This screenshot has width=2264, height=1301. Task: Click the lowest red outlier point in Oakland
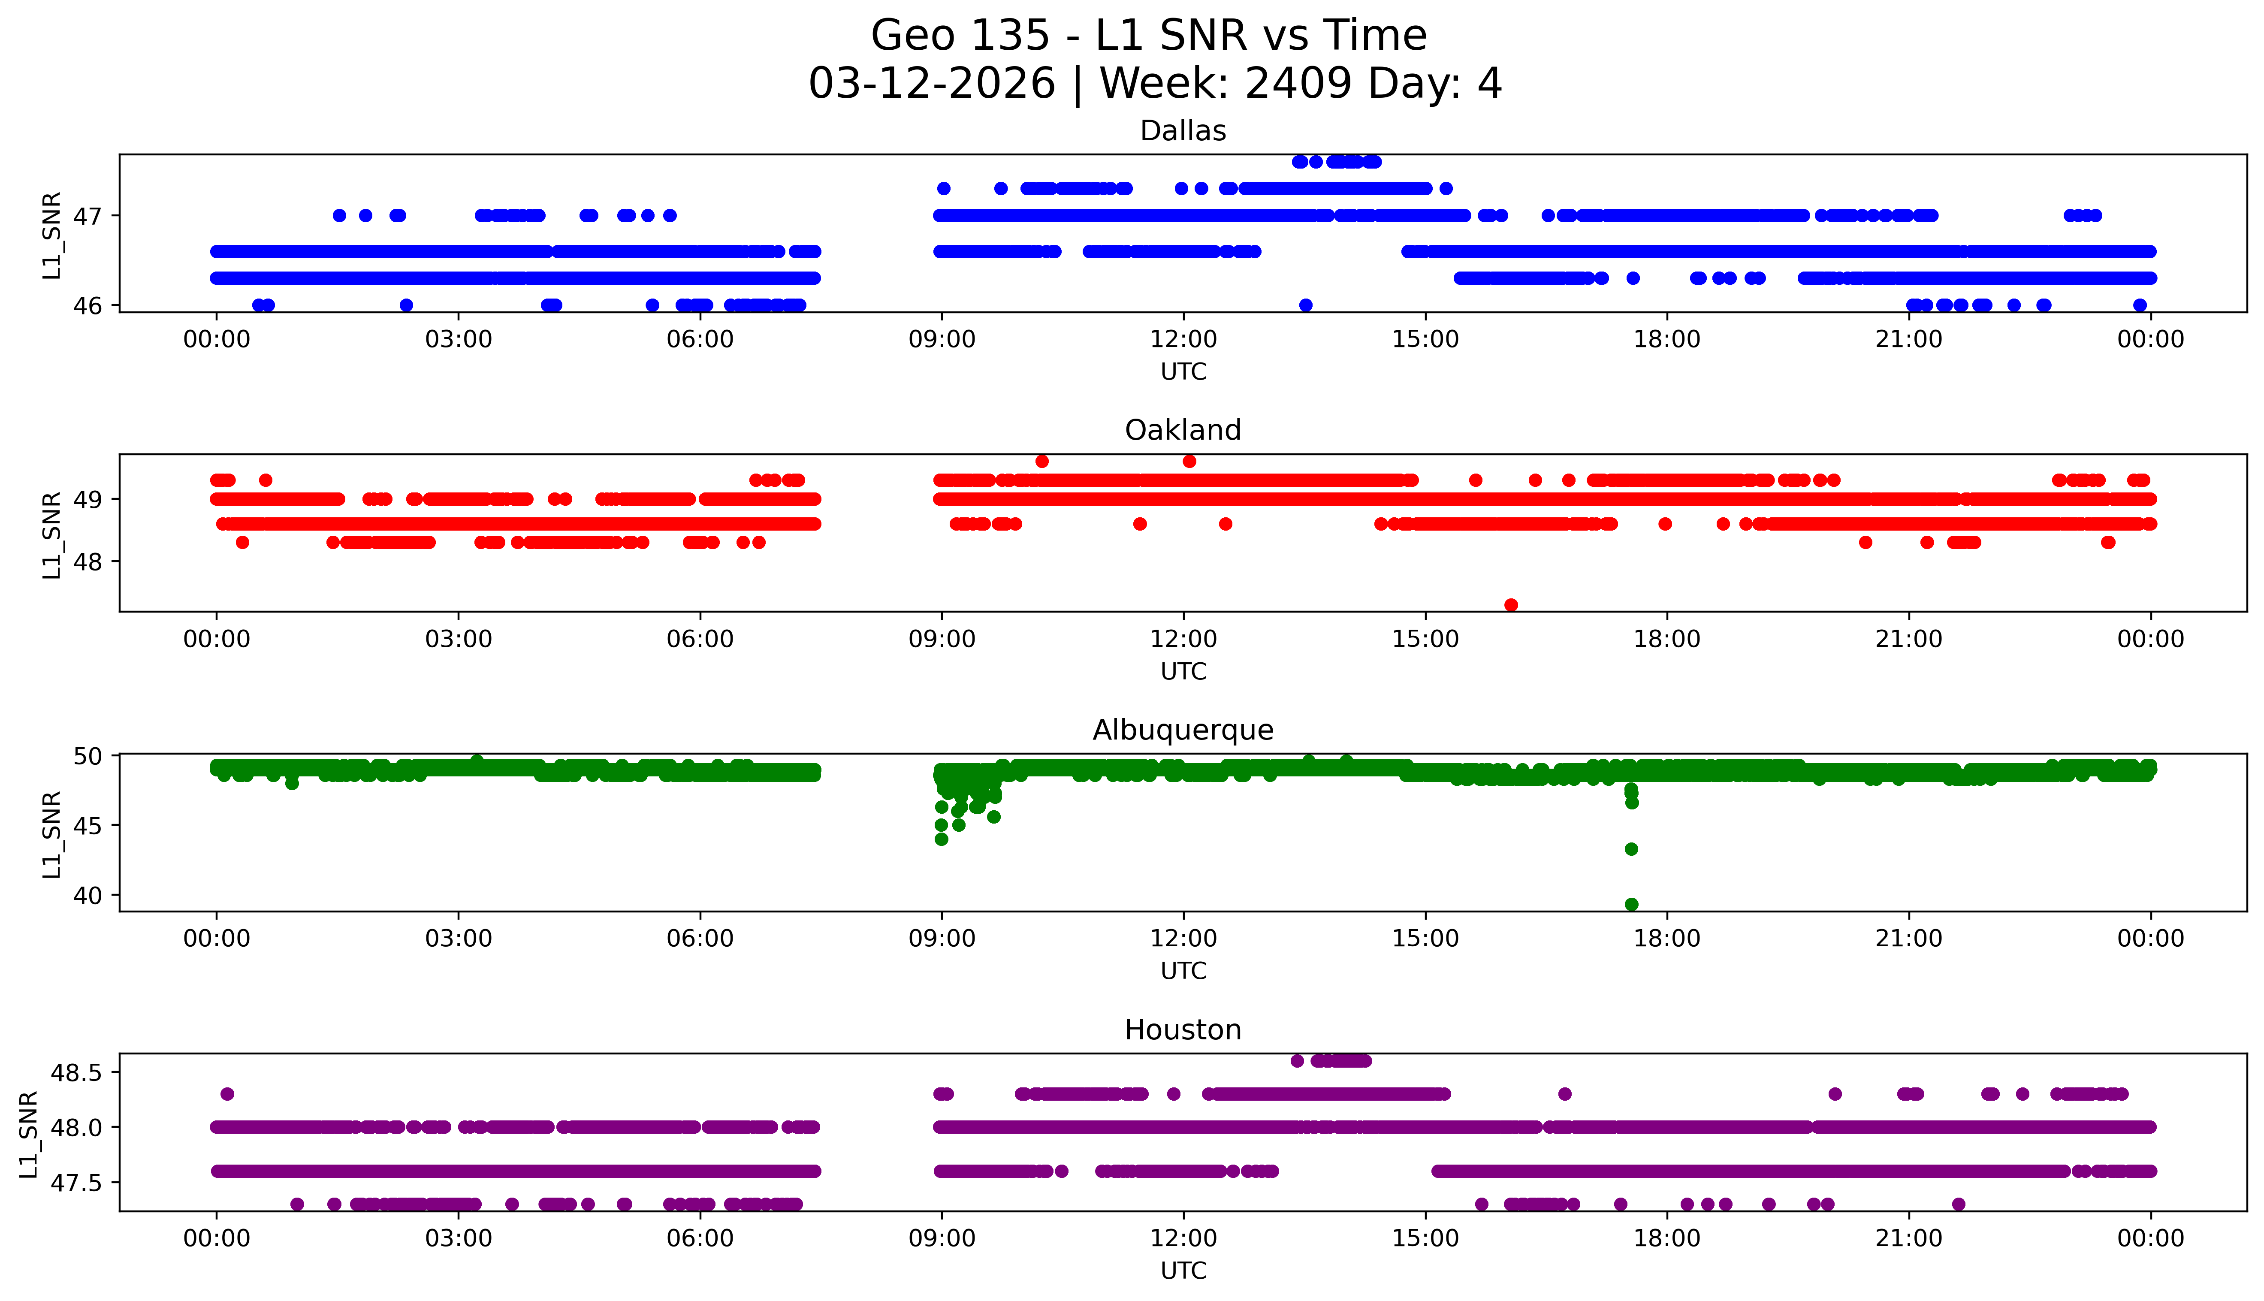tap(1511, 605)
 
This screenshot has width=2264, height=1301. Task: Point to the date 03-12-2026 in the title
tap(932, 84)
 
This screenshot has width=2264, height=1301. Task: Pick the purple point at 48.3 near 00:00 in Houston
tap(227, 1094)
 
